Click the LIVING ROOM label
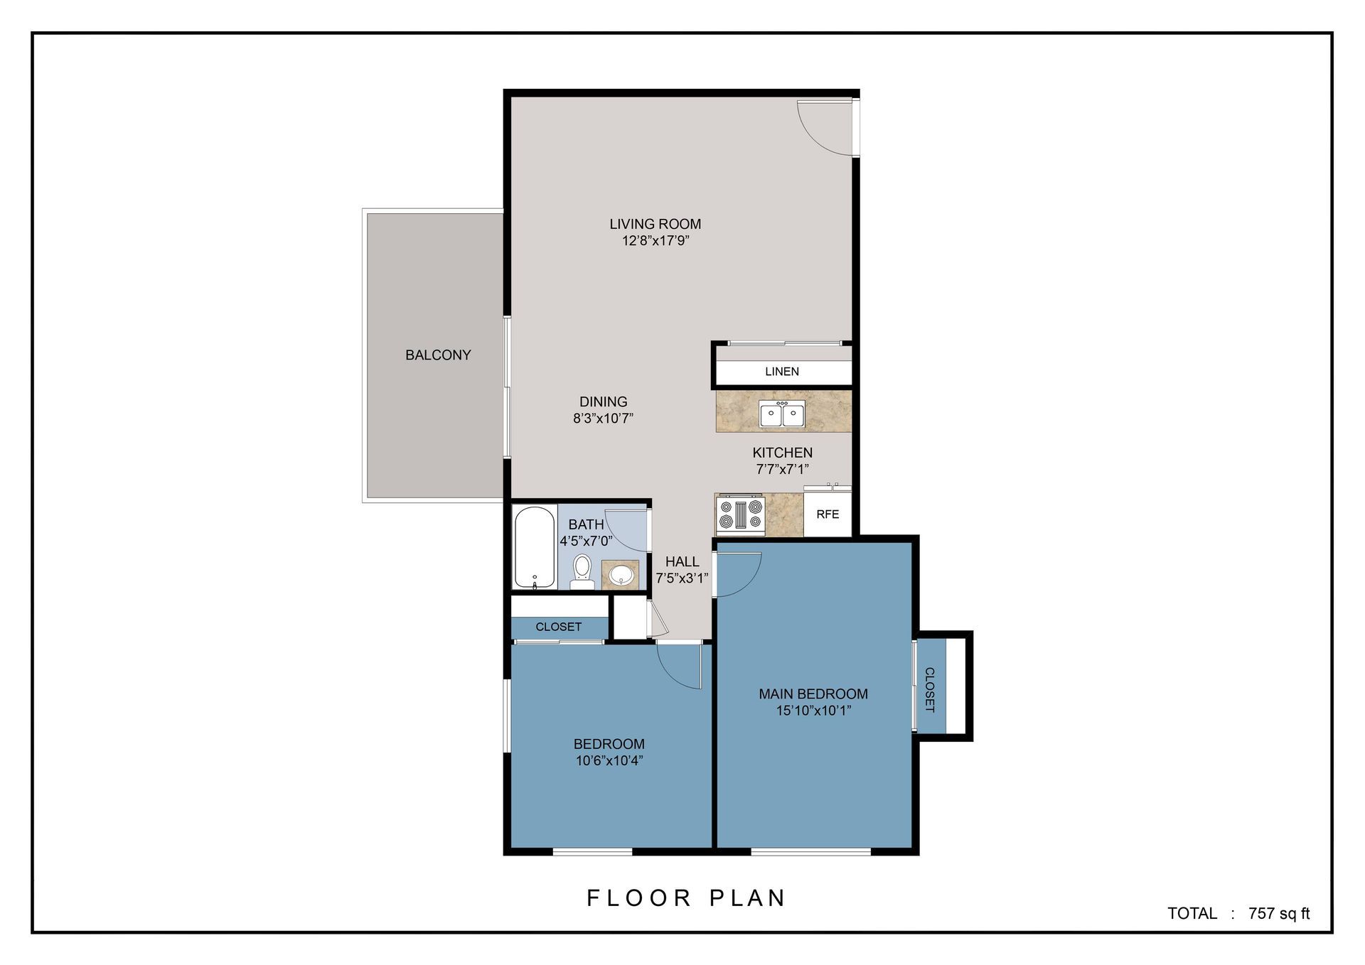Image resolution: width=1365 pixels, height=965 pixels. [x=655, y=224]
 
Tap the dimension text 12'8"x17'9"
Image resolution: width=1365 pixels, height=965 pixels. [x=655, y=241]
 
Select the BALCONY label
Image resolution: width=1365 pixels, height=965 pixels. [x=438, y=355]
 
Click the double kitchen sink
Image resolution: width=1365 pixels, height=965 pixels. [x=781, y=414]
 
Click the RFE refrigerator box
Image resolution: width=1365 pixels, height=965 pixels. [x=828, y=514]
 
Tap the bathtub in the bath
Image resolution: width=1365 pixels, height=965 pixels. [x=534, y=546]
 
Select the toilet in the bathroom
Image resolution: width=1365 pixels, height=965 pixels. [x=582, y=571]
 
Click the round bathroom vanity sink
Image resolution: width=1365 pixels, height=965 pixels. [x=621, y=574]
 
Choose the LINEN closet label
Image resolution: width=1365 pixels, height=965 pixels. [x=782, y=372]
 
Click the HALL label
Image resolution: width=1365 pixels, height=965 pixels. [x=682, y=561]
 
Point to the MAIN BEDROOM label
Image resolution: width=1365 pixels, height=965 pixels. [x=813, y=694]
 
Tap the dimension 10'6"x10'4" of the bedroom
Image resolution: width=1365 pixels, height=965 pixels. [x=609, y=761]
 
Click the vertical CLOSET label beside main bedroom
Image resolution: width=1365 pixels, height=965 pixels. [x=929, y=689]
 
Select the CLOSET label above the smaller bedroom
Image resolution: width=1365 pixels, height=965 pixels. [x=559, y=627]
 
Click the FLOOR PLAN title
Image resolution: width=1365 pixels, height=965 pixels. [x=686, y=898]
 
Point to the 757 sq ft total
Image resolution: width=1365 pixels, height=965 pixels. [x=1278, y=914]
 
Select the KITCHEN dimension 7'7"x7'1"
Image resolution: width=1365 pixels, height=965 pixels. [x=782, y=469]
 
